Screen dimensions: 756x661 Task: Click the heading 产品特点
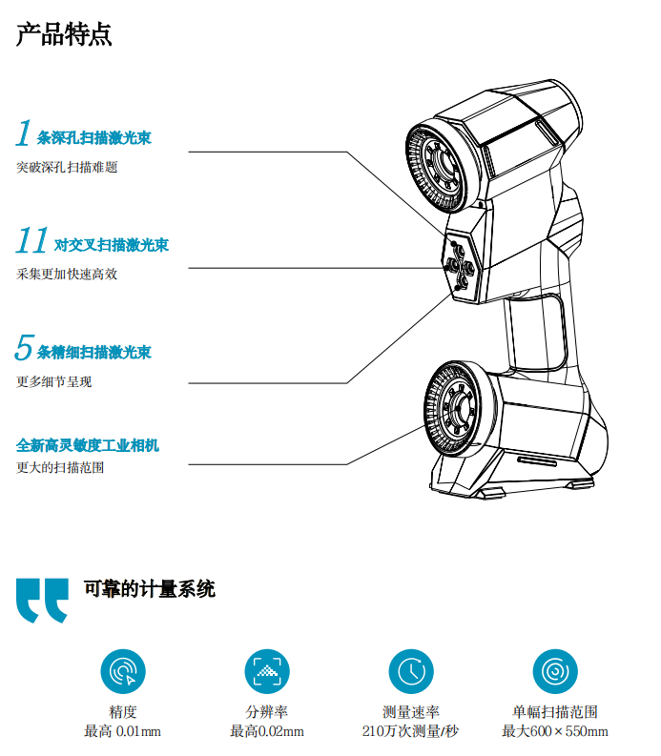(64, 34)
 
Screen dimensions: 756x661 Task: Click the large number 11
(32, 241)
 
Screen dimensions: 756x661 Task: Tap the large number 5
(24, 349)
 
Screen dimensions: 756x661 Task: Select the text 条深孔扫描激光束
(93, 138)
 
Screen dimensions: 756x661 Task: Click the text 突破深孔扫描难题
(67, 167)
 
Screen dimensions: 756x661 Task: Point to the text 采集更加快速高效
(67, 275)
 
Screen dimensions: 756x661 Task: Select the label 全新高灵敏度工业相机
(88, 445)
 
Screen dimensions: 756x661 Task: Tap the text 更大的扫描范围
(60, 468)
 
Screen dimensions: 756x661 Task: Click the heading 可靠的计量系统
(150, 588)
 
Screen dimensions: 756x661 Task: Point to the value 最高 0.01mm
(123, 731)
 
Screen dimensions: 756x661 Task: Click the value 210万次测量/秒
(411, 731)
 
